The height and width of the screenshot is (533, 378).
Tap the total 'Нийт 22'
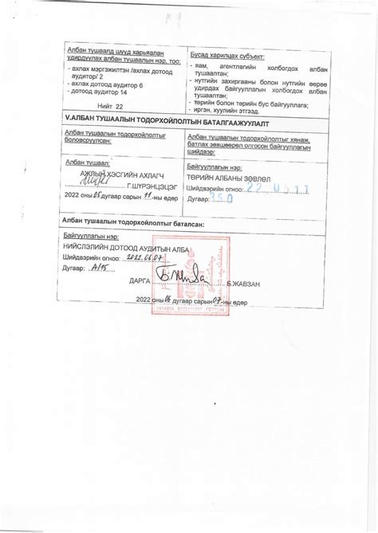(x=110, y=104)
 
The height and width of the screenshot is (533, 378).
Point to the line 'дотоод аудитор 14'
(x=99, y=92)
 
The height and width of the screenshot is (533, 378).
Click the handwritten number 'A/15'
(x=100, y=268)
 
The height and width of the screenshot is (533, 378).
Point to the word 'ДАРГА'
(x=140, y=281)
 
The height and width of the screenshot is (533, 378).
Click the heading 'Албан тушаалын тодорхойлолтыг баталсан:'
(x=132, y=225)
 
